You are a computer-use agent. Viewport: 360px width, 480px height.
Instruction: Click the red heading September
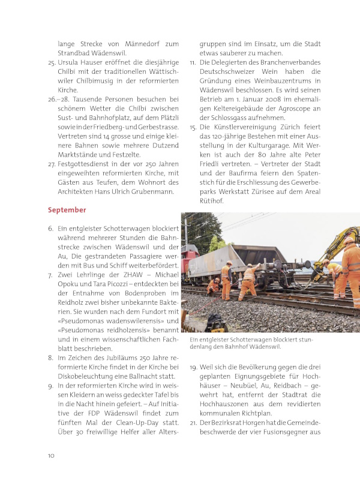click(67, 210)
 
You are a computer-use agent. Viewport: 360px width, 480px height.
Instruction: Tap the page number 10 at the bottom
click(52, 455)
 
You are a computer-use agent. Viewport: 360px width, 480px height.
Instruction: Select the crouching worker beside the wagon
click(213, 287)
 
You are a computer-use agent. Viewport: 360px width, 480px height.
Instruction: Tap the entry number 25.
click(52, 62)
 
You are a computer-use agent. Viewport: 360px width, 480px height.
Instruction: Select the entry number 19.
click(193, 366)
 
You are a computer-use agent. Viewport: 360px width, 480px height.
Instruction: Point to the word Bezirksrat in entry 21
click(227, 424)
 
